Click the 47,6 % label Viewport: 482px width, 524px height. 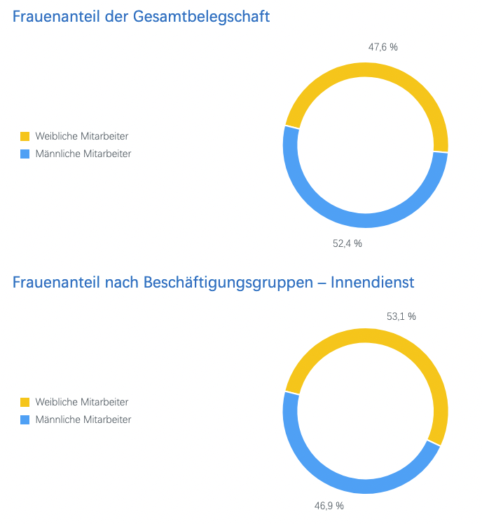point(383,47)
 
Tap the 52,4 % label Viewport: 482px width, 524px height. point(347,243)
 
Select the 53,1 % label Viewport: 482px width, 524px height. point(401,316)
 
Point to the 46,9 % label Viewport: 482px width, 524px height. point(329,506)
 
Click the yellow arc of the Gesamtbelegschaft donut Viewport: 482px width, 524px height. point(365,69)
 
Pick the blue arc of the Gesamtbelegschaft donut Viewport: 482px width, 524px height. point(365,220)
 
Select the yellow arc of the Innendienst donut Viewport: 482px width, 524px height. point(365,335)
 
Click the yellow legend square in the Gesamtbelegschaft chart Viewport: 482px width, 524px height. point(25,136)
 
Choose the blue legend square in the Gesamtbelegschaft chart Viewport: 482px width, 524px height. point(25,154)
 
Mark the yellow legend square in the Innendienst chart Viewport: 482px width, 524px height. point(25,402)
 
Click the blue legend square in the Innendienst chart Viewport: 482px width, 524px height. point(25,419)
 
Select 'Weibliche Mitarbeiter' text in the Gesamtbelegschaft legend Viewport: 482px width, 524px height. point(82,136)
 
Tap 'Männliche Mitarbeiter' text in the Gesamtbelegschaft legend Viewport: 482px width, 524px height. point(83,154)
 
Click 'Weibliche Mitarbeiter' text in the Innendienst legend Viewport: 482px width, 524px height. point(82,402)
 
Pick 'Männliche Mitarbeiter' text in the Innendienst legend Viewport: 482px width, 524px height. point(83,419)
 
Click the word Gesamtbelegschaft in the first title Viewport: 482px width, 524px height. point(201,17)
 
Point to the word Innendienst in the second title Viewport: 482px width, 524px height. point(372,282)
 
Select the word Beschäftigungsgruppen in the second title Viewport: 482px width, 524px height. point(228,283)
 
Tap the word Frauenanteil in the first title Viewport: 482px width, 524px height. point(56,16)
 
